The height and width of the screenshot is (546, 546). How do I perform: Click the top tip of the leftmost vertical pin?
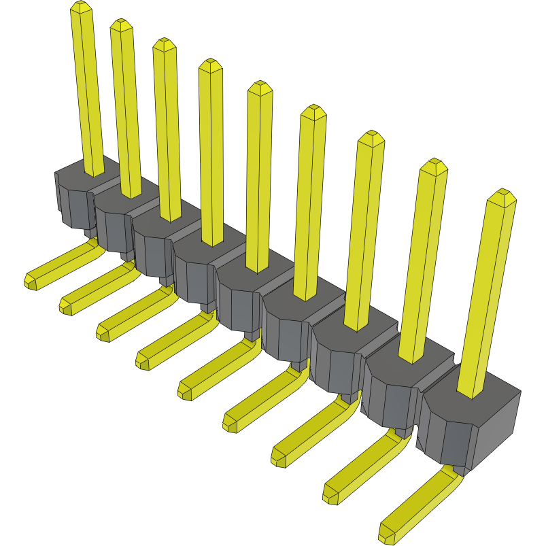(80, 7)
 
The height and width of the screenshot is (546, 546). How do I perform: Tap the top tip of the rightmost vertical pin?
(502, 196)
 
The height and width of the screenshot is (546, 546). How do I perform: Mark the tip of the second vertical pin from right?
(433, 165)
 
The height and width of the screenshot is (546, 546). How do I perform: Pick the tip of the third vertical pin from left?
(164, 44)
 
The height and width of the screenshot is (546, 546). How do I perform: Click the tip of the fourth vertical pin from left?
(210, 65)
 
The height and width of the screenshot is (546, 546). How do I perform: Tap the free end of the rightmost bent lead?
(387, 532)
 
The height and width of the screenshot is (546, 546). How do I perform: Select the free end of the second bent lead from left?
(66, 307)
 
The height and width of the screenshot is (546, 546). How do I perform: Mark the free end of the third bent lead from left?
(103, 332)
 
